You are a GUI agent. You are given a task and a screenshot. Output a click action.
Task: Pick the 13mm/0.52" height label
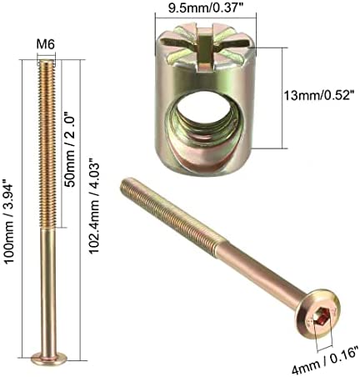306,98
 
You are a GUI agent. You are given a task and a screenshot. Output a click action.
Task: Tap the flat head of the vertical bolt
47,359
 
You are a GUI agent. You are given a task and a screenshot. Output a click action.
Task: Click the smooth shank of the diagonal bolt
262,270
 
